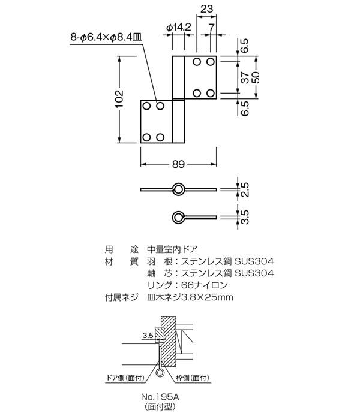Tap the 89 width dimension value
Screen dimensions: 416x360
(178, 162)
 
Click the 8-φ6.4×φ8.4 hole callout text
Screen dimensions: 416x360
(106, 37)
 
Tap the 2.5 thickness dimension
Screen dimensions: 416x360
(244, 189)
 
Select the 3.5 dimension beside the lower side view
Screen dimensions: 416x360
(244, 216)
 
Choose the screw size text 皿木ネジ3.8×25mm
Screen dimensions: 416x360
(189, 298)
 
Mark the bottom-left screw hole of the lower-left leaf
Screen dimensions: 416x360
(146, 137)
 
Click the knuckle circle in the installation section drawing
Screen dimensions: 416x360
(160, 373)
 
